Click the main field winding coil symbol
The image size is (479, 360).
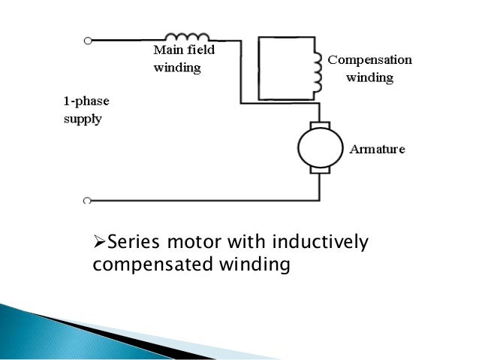tap(187, 36)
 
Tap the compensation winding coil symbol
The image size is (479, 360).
tap(317, 69)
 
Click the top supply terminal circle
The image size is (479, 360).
tap(88, 39)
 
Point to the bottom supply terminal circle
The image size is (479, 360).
tap(88, 201)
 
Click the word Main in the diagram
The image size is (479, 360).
tap(167, 52)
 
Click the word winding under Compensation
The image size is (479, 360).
tap(370, 77)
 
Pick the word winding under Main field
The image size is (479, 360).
tap(177, 68)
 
